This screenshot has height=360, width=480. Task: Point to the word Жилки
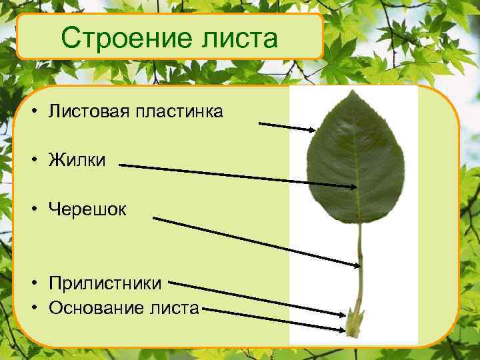(x=77, y=161)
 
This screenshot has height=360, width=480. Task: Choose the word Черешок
(x=87, y=209)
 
